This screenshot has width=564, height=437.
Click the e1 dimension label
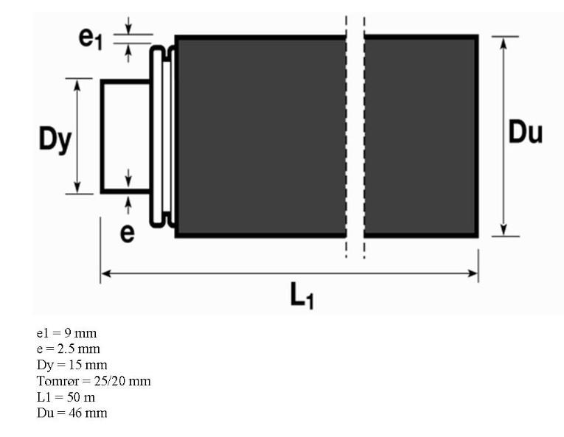coord(91,39)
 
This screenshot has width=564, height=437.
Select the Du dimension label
coord(526,133)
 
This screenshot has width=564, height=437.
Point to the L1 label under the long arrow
coord(299,296)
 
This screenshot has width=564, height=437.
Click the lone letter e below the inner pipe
coord(128,233)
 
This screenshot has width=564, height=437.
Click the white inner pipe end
coord(125,136)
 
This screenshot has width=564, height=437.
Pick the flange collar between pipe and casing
coord(162,136)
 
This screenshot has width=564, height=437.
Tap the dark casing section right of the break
coord(420,136)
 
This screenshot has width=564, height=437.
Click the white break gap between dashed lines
coord(355,136)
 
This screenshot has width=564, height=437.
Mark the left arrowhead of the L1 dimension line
coord(105,273)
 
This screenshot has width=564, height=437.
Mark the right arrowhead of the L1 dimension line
coord(473,273)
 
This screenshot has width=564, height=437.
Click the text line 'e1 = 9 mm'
coord(66,333)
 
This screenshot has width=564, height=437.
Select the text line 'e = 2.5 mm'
coord(69,349)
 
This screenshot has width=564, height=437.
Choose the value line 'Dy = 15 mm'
coord(72,365)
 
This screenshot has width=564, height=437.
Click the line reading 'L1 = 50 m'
coord(66,396)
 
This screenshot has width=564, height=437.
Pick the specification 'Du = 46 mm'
coord(72,413)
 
